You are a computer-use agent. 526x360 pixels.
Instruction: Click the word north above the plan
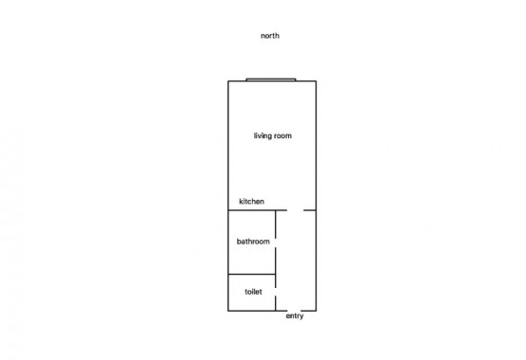click(x=270, y=36)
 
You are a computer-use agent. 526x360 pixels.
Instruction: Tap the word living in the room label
click(x=263, y=135)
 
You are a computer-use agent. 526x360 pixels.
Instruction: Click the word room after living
click(x=282, y=136)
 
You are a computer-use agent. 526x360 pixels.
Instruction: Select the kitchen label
click(x=251, y=201)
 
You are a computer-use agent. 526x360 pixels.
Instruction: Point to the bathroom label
click(x=253, y=242)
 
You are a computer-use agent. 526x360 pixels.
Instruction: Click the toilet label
click(x=253, y=292)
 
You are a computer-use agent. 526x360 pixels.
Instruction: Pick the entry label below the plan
click(x=295, y=315)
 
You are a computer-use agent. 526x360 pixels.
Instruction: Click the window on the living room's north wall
click(x=271, y=80)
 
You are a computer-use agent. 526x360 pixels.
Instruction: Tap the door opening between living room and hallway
click(x=295, y=210)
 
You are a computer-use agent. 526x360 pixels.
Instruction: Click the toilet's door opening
click(x=276, y=292)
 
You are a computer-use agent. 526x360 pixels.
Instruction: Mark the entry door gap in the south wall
click(x=294, y=311)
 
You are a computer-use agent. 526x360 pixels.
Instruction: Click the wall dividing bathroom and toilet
click(x=251, y=274)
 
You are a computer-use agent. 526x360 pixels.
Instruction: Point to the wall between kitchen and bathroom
click(x=251, y=210)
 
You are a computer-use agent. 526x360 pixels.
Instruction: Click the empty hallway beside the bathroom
click(x=296, y=261)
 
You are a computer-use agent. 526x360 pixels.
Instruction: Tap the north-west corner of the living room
click(x=228, y=81)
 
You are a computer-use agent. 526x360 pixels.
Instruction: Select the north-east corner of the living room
click(x=316, y=81)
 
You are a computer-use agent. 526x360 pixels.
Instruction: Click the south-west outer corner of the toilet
click(x=228, y=311)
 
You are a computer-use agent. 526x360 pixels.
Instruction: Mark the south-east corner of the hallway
click(x=316, y=311)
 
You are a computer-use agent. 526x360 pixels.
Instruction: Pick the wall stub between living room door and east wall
click(x=310, y=210)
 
